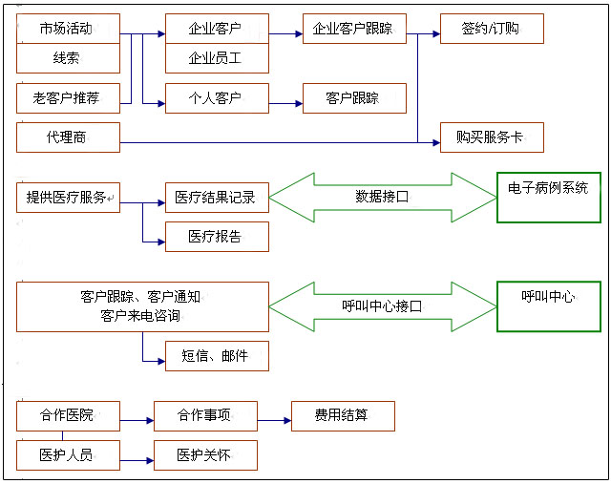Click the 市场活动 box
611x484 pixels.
pos(69,29)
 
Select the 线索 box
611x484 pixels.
pos(69,58)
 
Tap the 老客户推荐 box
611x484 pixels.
pos(69,97)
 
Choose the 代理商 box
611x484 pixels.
pos(69,137)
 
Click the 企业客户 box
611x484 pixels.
pos(217,29)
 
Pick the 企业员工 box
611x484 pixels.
pos(217,58)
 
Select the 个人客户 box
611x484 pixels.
pos(217,97)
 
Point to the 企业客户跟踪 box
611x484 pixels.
pos(354,29)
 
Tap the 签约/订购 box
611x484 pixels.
pos(492,29)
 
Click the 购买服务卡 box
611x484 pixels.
pos(492,137)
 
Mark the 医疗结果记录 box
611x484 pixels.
pos(217,197)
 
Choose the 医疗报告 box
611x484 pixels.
pos(217,236)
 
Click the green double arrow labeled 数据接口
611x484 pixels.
pos(382,198)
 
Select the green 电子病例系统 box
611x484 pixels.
pos(548,197)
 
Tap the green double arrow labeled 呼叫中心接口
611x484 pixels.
pos(382,305)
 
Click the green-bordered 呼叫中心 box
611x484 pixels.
pos(548,305)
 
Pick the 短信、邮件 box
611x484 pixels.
pos(217,355)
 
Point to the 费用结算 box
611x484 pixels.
pos(342,415)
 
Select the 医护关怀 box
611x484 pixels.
pos(205,455)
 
